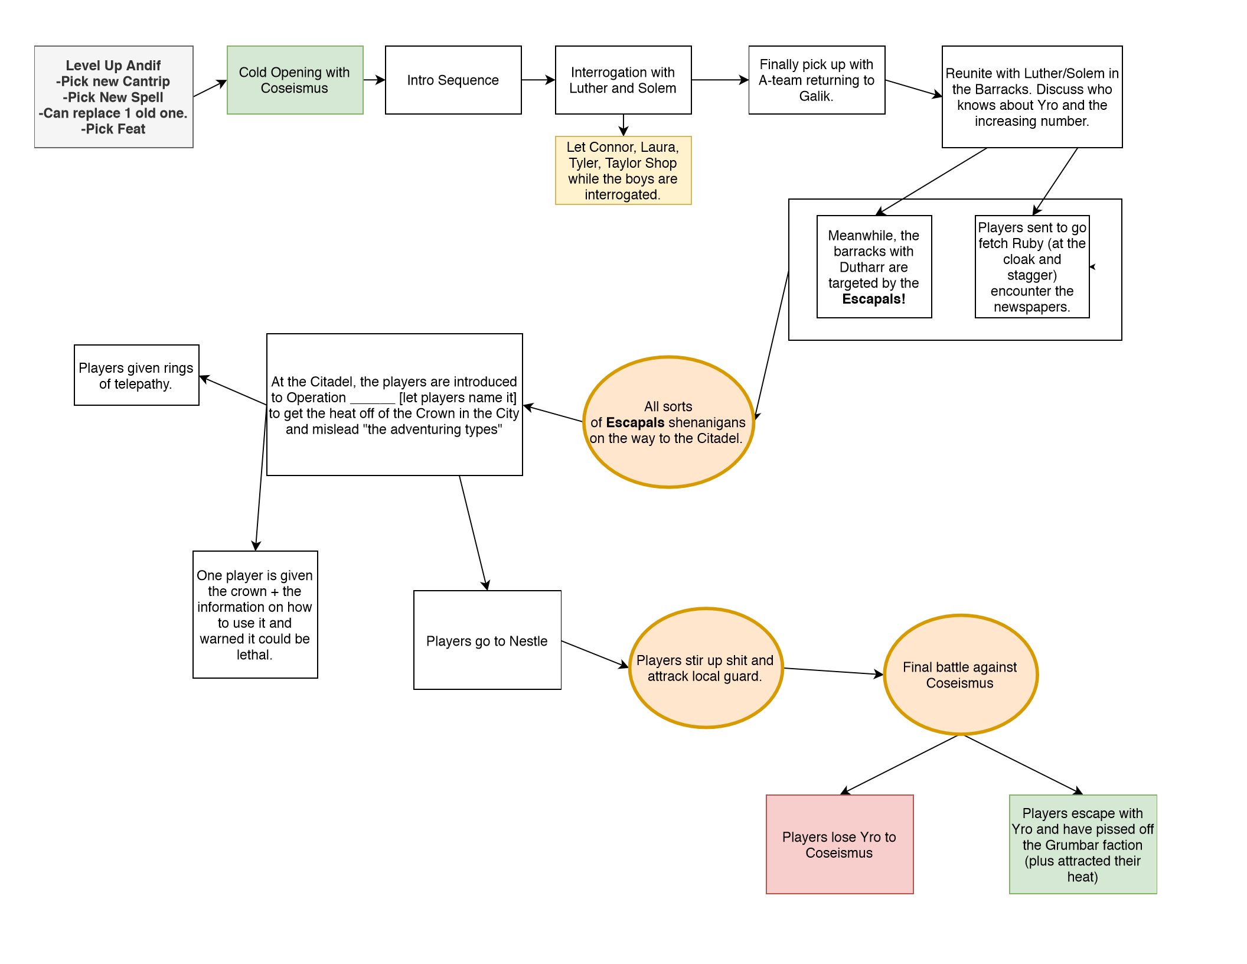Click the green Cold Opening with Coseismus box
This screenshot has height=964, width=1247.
tap(295, 80)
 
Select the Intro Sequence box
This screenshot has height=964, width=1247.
tap(453, 80)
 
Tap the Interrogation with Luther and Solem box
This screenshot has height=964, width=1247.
tap(623, 80)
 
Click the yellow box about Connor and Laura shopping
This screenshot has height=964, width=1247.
tap(623, 171)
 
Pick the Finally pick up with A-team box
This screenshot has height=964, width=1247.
tap(817, 80)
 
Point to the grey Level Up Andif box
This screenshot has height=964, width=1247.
tap(113, 97)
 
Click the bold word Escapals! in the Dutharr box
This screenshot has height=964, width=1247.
tap(874, 299)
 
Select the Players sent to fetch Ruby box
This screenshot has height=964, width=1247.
tap(1031, 267)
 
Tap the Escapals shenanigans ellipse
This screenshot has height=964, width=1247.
tap(668, 422)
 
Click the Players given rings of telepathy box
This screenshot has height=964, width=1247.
tap(136, 375)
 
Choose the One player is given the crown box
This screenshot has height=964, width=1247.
tap(255, 614)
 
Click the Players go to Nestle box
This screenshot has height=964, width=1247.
tap(487, 640)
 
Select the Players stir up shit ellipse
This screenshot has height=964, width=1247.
tap(706, 668)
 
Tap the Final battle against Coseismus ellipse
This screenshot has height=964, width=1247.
tap(960, 675)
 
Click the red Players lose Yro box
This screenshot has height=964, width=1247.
tap(839, 844)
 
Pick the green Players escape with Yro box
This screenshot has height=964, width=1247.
tap(1082, 844)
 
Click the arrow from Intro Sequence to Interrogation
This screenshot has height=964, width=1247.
tap(538, 80)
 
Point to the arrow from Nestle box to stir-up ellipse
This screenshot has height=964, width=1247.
tap(594, 654)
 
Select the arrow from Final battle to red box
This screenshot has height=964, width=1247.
tap(900, 764)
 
